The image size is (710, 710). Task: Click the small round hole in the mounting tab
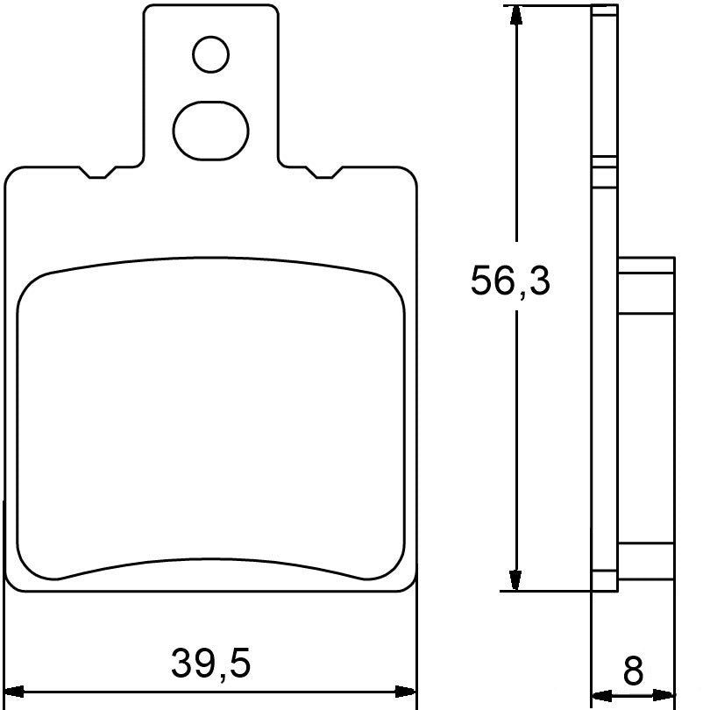tap(210, 55)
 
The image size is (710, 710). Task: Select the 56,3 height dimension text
tap(510, 281)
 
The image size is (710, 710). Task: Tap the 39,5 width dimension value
tap(210, 664)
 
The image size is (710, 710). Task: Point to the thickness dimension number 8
tap(633, 671)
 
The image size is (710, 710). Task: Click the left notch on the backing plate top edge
tap(97, 173)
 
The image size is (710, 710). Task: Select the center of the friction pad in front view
tap(210, 421)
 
